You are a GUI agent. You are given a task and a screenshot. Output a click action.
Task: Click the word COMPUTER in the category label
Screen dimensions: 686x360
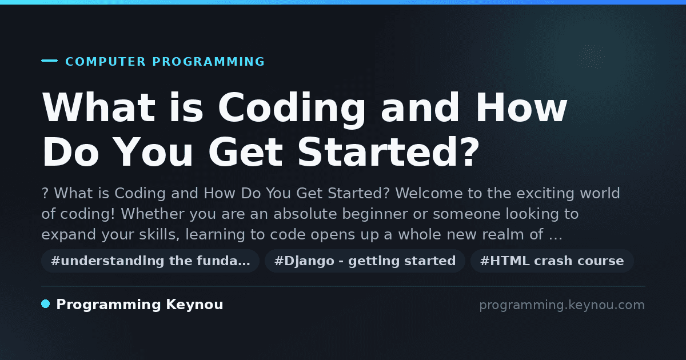tap(105, 62)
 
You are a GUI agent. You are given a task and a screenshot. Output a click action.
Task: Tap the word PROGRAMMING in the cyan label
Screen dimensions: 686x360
tap(209, 62)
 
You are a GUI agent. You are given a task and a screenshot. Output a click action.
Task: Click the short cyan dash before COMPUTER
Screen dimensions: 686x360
tap(49, 61)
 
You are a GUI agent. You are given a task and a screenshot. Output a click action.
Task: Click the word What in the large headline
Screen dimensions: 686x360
tap(98, 107)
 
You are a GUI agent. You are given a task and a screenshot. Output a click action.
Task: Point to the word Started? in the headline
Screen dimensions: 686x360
tap(388, 152)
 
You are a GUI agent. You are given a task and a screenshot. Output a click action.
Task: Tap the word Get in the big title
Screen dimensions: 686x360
tap(246, 152)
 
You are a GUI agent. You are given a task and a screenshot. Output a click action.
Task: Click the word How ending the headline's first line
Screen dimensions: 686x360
tap(521, 107)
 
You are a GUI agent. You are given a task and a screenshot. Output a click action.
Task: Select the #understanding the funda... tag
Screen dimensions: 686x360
tap(150, 261)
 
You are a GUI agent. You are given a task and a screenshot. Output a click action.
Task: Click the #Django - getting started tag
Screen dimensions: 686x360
tap(365, 261)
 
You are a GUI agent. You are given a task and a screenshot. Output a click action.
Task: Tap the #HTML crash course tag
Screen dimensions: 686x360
tap(552, 261)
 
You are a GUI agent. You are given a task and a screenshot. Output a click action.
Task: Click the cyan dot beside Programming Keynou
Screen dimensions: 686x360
tap(45, 304)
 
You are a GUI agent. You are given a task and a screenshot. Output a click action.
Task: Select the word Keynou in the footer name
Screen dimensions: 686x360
tap(194, 305)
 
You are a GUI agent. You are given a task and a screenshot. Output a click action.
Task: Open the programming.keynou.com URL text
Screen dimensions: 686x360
tap(562, 305)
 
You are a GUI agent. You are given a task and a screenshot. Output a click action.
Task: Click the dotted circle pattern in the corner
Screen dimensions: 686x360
tap(591, 57)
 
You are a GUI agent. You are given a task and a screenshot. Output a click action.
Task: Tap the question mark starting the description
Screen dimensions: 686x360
tap(45, 194)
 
